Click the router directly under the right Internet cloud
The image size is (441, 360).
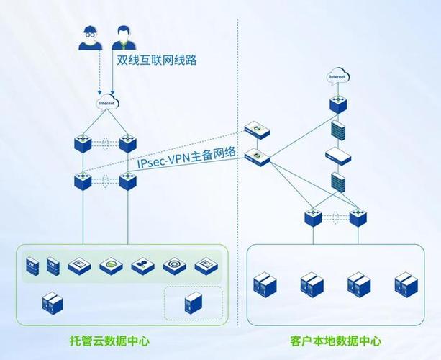point(337,104)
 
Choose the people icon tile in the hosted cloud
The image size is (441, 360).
point(142,266)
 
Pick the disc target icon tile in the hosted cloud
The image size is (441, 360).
point(173,266)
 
